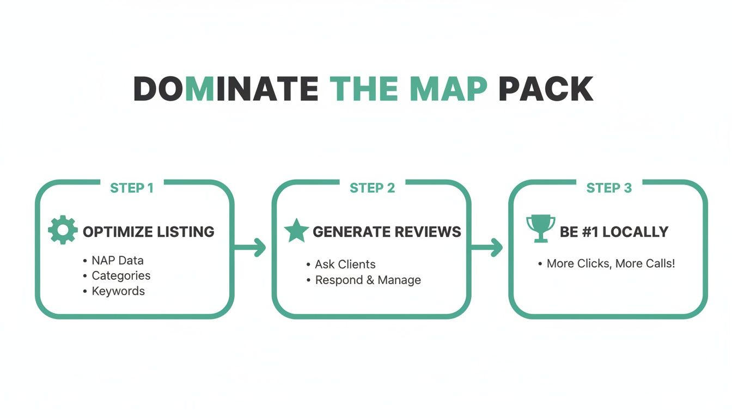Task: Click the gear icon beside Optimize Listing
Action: (63, 230)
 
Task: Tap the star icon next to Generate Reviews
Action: (296, 230)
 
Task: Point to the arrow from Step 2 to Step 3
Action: (488, 248)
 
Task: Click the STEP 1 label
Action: (132, 188)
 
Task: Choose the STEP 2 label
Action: (372, 188)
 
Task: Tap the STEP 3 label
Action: (609, 188)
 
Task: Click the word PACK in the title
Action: (546, 89)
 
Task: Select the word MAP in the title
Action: (448, 89)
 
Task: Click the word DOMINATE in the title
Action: (225, 89)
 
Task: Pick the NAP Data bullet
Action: (117, 260)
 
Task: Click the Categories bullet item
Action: (121, 275)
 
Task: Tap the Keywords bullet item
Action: (118, 291)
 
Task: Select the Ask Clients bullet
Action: (345, 265)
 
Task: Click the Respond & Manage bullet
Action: (368, 280)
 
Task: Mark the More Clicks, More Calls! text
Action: (611, 263)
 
